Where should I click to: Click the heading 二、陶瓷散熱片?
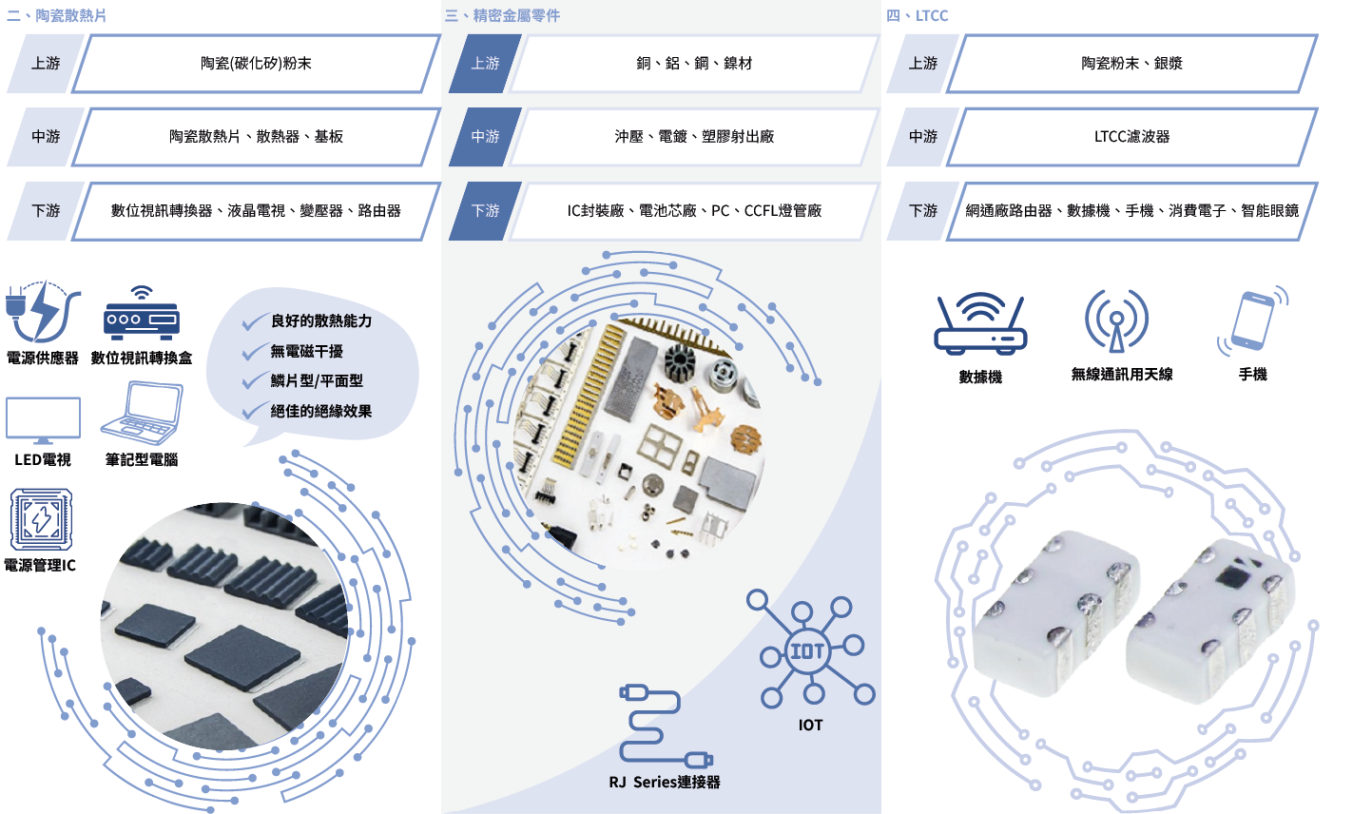click(x=57, y=15)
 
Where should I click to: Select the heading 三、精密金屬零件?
click(x=503, y=15)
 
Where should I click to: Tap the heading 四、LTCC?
click(x=918, y=15)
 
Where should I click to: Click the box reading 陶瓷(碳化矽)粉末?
click(x=256, y=64)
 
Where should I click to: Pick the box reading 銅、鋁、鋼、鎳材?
click(x=694, y=64)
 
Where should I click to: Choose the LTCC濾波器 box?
click(x=1131, y=137)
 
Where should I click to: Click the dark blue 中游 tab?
click(x=485, y=137)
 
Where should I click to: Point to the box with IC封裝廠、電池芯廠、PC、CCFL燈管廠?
click(x=694, y=210)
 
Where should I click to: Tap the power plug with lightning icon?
click(x=38, y=311)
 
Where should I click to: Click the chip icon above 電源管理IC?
click(x=41, y=520)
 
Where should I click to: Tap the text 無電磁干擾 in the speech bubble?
click(x=306, y=351)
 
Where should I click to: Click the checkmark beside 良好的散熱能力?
click(x=254, y=322)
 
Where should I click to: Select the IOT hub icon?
click(x=809, y=652)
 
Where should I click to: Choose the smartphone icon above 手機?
click(x=1252, y=322)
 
